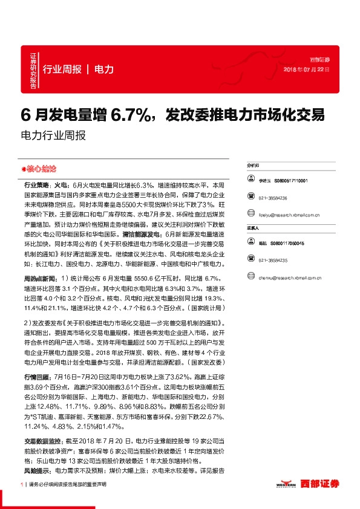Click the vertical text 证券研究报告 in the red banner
click(33, 70)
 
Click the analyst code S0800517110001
click(290, 180)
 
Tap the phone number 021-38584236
click(271, 198)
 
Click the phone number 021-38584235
click(271, 260)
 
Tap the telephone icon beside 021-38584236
click(250, 198)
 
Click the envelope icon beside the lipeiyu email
click(250, 215)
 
